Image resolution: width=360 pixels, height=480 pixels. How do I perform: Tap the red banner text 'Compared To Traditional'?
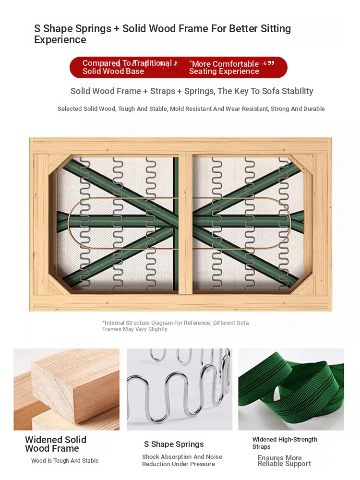(x=127, y=63)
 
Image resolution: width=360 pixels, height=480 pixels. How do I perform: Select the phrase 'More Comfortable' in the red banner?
(x=225, y=64)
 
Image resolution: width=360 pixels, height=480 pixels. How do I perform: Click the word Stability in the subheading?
(x=297, y=91)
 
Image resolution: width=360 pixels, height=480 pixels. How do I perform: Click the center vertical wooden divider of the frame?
(x=185, y=224)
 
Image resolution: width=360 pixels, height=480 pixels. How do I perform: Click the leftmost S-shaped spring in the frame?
(x=84, y=223)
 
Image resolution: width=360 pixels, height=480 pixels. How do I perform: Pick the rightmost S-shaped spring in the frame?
(x=284, y=223)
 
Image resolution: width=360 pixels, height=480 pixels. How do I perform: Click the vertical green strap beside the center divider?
(x=175, y=223)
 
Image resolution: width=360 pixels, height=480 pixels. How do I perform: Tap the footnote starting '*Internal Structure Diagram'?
(x=175, y=326)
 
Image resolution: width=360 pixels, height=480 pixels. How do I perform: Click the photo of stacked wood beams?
(x=66, y=389)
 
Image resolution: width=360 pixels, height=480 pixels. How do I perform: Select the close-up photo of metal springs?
(x=180, y=389)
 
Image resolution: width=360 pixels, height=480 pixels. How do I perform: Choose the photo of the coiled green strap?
(x=291, y=389)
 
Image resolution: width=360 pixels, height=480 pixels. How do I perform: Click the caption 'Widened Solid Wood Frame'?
(x=56, y=444)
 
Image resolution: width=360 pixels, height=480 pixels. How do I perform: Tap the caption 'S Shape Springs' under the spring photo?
(x=174, y=444)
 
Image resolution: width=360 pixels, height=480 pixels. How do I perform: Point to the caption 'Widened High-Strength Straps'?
(x=285, y=443)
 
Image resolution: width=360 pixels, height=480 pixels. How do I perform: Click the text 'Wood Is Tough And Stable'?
(x=65, y=461)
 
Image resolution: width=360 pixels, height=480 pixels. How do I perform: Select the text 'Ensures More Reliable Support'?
(x=284, y=461)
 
